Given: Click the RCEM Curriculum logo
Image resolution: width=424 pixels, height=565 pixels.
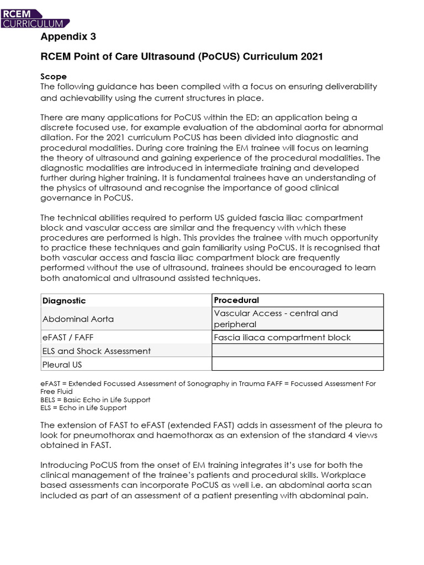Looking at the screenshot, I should (x=35, y=18).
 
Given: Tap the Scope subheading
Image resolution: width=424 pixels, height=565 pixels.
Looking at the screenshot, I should (x=54, y=76).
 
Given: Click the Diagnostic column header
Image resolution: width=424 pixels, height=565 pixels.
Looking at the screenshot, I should (x=64, y=301).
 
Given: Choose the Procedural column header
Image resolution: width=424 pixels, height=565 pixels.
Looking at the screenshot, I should (x=236, y=300).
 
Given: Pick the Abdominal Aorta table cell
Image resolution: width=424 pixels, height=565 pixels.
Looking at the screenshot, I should (x=78, y=318).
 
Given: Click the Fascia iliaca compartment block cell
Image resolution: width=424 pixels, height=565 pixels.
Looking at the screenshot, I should (x=282, y=337).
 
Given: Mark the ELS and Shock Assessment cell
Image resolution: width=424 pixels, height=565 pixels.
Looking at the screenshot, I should (x=96, y=351).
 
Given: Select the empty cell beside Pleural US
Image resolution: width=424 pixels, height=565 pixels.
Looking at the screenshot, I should (x=297, y=364).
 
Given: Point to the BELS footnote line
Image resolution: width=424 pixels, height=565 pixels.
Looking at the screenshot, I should (x=96, y=399).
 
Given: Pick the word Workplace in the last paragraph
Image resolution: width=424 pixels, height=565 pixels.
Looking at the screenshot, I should (x=360, y=475).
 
